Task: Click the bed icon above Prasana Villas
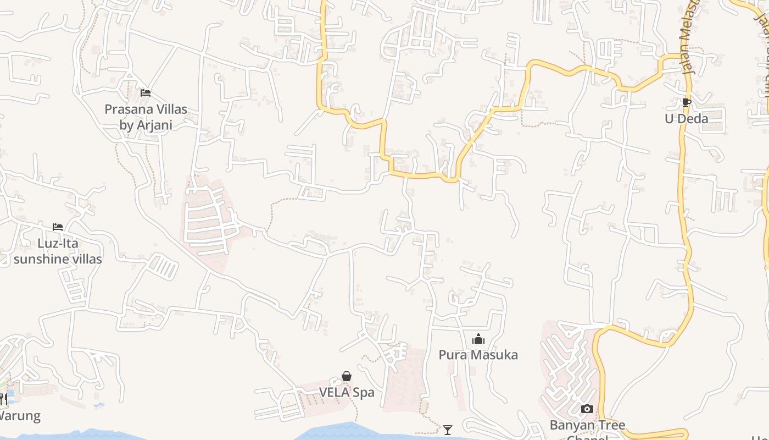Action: (146, 93)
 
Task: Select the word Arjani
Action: (155, 125)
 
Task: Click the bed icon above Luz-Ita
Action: (58, 227)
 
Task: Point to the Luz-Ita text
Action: (58, 243)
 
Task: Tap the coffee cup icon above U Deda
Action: (686, 102)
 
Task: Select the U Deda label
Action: (686, 119)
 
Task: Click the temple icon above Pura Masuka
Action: (478, 339)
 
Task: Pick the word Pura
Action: (451, 355)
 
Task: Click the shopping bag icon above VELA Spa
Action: (347, 376)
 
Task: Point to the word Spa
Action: (364, 393)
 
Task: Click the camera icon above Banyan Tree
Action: (587, 409)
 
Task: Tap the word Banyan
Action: (571, 425)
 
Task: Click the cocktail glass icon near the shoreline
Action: (448, 430)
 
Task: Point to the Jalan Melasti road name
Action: (691, 38)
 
